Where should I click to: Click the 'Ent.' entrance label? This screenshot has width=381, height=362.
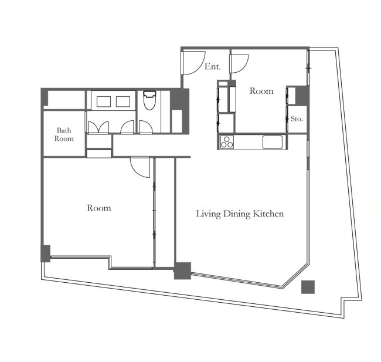click(x=213, y=66)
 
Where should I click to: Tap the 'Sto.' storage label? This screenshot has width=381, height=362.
click(x=297, y=119)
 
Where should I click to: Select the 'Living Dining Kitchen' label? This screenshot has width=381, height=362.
click(x=240, y=214)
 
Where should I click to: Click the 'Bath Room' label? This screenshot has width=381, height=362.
click(x=64, y=134)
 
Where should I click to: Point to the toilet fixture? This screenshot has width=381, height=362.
click(x=149, y=100)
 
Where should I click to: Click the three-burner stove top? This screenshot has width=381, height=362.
click(x=227, y=142)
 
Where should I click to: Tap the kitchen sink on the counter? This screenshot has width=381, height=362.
click(x=273, y=142)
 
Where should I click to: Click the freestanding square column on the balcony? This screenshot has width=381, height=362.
click(x=308, y=287)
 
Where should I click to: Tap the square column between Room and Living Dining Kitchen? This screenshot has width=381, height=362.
click(x=183, y=270)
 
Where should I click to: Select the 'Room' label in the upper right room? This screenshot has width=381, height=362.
click(x=261, y=91)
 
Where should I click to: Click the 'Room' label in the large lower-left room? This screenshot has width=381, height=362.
click(x=99, y=208)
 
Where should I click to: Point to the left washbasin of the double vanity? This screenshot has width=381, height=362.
click(x=104, y=102)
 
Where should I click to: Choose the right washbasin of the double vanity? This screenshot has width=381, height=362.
click(x=123, y=102)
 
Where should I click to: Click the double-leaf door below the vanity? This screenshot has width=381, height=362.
click(x=98, y=127)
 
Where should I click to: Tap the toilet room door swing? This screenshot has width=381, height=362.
click(x=147, y=127)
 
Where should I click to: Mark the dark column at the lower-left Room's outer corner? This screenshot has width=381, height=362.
click(x=46, y=253)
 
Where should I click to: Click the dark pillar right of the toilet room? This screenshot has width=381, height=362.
click(x=179, y=111)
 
